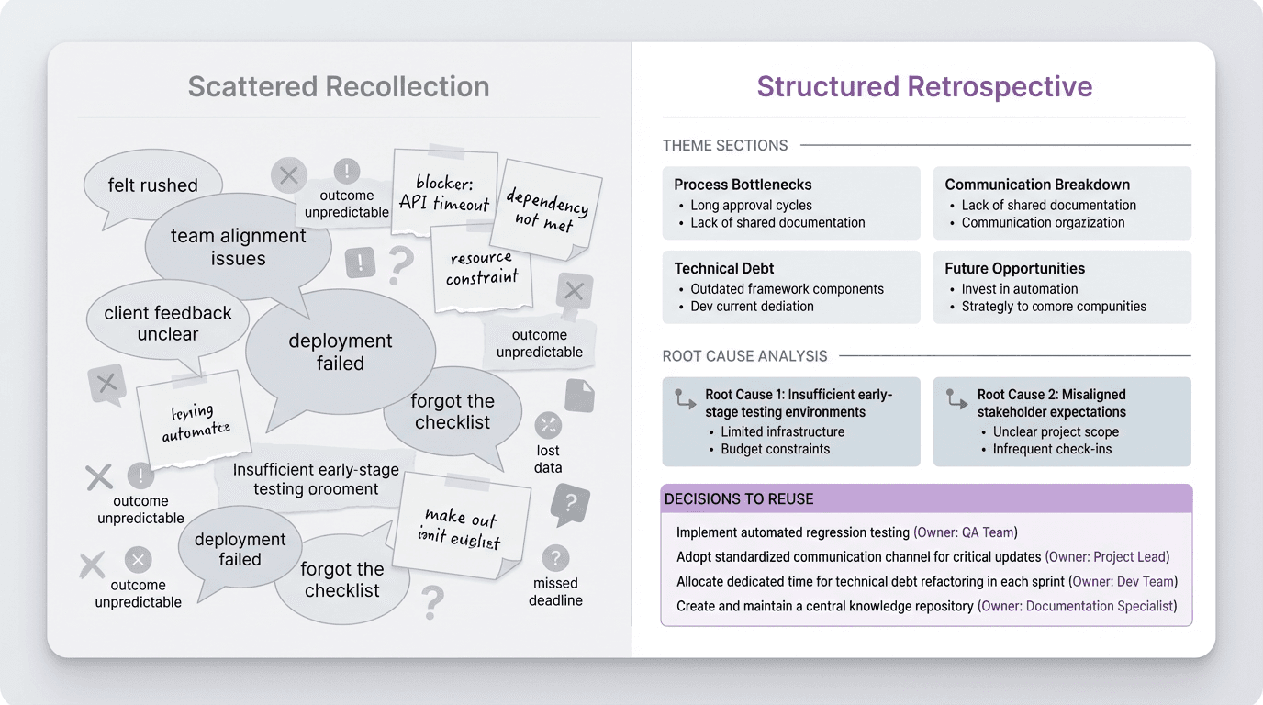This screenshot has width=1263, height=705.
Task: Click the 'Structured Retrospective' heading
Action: coord(924,87)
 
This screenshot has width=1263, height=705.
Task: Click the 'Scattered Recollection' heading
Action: coord(339,87)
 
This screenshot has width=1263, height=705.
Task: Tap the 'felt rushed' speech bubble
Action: coord(152,185)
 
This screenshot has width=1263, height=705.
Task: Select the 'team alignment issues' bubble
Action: coord(238,247)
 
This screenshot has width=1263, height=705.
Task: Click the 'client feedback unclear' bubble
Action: coord(168,323)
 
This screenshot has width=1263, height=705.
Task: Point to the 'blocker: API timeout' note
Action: coord(445,193)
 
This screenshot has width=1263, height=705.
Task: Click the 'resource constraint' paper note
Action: coord(482,267)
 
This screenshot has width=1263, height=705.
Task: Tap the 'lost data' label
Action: coord(548,459)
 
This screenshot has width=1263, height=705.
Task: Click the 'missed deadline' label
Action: coord(555,591)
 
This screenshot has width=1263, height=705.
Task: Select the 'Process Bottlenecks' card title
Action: coord(743,185)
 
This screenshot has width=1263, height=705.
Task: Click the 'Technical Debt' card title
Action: coord(724,268)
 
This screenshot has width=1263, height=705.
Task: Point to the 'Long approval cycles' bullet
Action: coord(751,205)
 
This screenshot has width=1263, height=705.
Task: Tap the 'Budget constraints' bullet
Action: coord(775,449)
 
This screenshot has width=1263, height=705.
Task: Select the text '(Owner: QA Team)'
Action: coord(965,532)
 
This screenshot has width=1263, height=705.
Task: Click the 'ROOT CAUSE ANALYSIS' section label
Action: coord(744,355)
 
